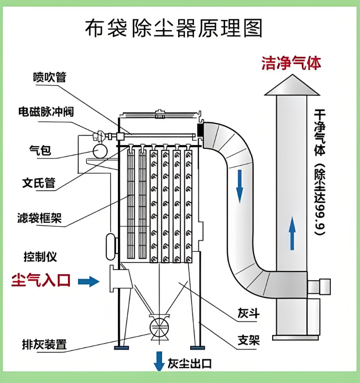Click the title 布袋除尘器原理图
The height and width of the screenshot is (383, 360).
[174, 29]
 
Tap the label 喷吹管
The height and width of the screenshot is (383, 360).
[49, 77]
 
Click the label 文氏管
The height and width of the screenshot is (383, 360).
[38, 183]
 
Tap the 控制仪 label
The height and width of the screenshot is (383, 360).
[40, 256]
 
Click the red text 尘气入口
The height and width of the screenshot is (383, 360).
[41, 281]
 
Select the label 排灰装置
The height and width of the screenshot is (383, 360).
[44, 345]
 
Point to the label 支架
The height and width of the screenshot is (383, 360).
[248, 340]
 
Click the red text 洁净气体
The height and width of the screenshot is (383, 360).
[291, 63]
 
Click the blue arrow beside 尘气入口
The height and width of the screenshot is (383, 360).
[88, 281]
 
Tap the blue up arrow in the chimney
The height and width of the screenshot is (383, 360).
[292, 233]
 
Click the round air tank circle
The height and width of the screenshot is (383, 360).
[101, 150]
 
